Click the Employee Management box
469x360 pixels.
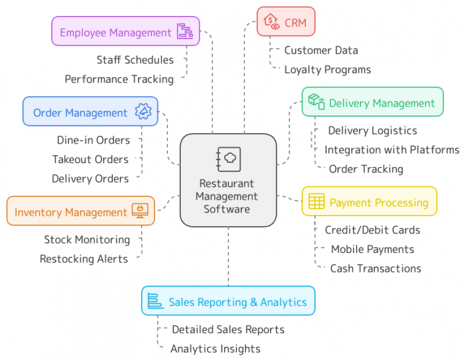pos(125,31)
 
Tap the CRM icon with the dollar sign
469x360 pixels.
pos(271,23)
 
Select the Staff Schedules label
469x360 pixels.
pos(135,60)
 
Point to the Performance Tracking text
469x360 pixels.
pos(119,79)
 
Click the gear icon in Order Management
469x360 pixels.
pos(143,112)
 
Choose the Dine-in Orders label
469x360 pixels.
pos(93,140)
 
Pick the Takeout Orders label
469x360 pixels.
pos(90,160)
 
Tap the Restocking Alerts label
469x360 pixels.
pos(84,259)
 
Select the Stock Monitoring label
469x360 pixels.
pos(87,240)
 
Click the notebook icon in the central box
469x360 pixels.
pos(228,158)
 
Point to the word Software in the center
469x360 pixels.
pos(227,209)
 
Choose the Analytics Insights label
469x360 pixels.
pos(215,349)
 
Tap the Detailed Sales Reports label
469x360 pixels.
pos(228,329)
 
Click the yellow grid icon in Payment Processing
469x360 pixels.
pos(316,202)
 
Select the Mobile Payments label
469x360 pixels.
pos(373,249)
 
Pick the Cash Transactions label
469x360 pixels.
pos(376,268)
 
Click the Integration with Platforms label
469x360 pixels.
pos(391,150)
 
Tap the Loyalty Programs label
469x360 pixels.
pos(327,70)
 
